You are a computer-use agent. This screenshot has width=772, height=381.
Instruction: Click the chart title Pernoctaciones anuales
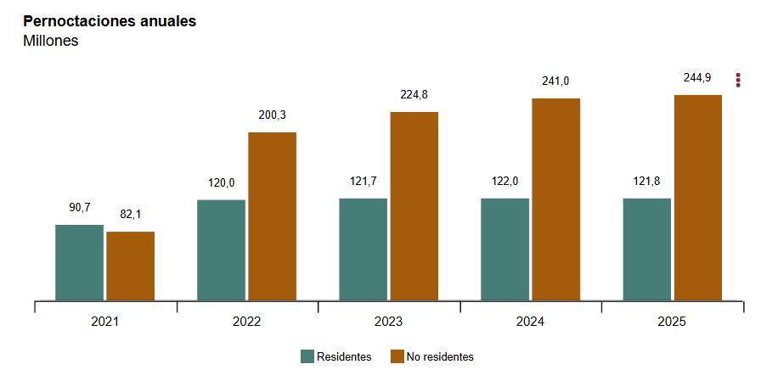point(110,21)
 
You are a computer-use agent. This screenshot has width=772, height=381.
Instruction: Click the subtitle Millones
point(51,41)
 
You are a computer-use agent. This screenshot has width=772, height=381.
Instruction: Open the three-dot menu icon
point(738,80)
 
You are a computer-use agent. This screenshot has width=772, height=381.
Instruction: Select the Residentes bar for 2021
point(79,262)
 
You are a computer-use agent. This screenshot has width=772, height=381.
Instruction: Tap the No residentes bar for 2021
point(131,266)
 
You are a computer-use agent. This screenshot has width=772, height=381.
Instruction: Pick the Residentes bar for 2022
point(221,249)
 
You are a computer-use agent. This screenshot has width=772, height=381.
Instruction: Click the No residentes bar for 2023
point(414,205)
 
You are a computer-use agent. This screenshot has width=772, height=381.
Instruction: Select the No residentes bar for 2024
point(556,199)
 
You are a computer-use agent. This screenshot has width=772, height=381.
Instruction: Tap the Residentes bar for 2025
point(646,249)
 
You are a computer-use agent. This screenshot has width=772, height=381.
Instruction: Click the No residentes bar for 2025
point(698,197)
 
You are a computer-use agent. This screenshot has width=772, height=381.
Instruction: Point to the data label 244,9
point(698,78)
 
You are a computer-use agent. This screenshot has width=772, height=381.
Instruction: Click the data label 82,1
point(131,215)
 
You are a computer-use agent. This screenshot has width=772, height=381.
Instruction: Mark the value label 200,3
point(273,115)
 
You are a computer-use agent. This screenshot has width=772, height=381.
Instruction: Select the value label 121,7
point(363,182)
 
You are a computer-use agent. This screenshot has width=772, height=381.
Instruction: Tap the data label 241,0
point(556,81)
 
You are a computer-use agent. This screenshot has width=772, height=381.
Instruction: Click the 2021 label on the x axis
point(105,322)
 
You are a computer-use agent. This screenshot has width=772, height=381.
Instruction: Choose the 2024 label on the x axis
point(531,322)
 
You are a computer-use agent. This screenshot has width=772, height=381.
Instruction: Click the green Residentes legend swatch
point(307,356)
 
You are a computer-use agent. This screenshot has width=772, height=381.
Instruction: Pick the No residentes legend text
point(440,357)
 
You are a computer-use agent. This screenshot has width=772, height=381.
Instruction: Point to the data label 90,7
point(79,208)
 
